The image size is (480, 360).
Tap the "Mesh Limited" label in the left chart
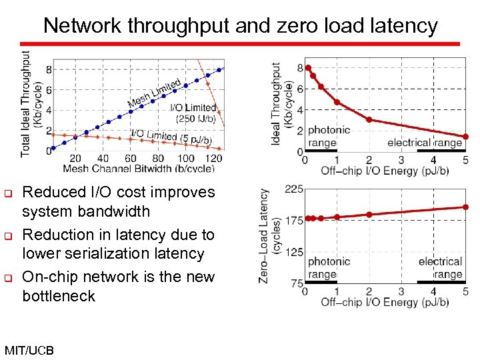[x=154, y=94]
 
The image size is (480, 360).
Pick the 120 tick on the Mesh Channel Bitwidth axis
[x=214, y=158]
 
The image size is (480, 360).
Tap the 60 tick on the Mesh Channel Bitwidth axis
[x=131, y=158]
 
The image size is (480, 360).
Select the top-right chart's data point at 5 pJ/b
[x=465, y=137]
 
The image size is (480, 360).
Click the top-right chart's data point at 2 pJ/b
[x=369, y=120]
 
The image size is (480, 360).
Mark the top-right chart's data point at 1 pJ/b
[x=337, y=102]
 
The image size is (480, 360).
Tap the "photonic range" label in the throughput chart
[x=328, y=137]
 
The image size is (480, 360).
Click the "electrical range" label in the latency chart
[x=440, y=268]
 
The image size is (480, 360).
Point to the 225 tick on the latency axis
[x=294, y=189]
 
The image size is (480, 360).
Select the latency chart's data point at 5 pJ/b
[x=465, y=207]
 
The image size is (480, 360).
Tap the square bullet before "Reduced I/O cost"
[x=9, y=193]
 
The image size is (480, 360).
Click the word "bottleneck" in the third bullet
[x=59, y=295]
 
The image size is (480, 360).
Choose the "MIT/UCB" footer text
[x=29, y=350]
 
